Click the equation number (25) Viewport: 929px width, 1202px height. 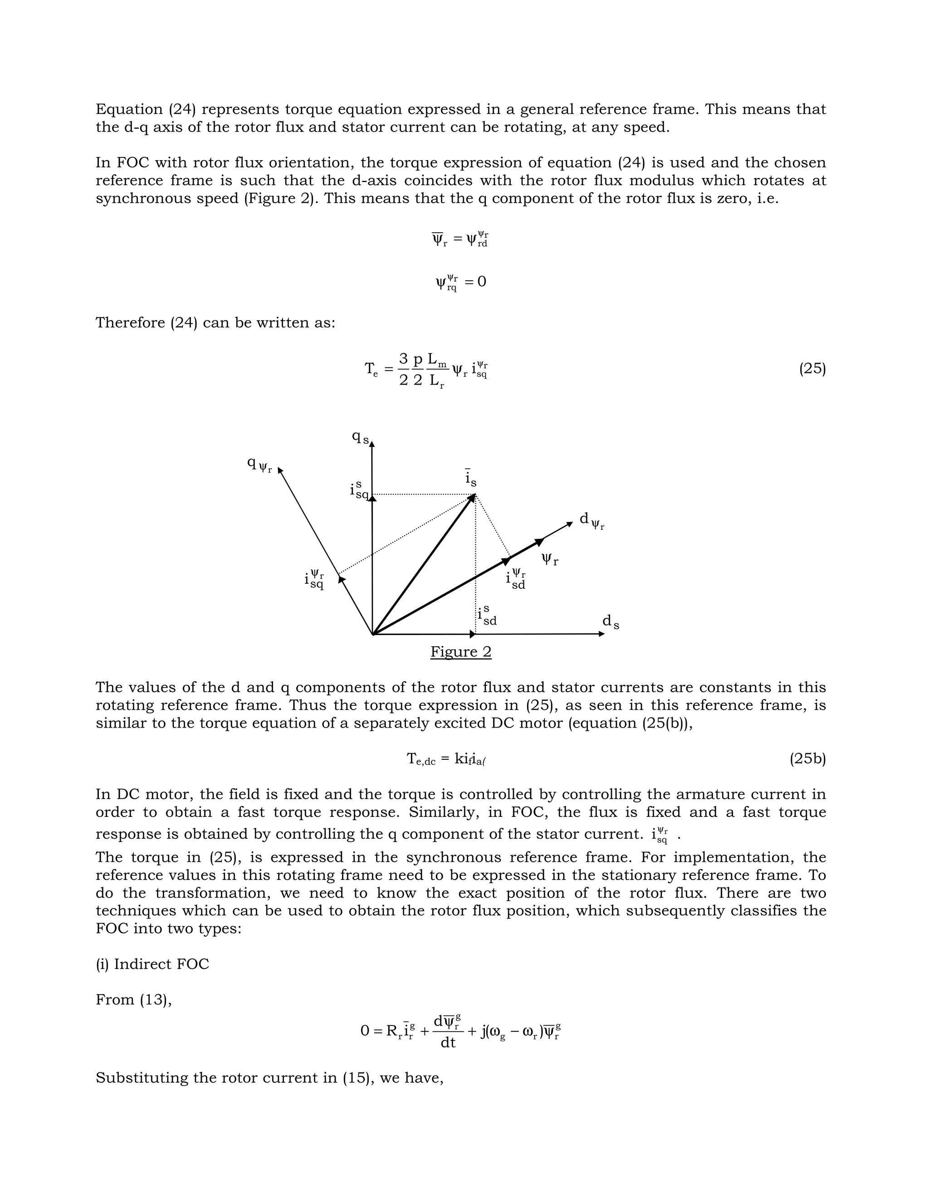(812, 369)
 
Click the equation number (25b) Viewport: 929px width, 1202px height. (807, 759)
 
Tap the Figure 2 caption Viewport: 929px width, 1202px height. (461, 652)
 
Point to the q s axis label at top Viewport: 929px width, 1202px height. (361, 438)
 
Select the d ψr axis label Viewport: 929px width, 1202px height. (591, 521)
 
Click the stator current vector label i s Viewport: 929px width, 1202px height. (470, 478)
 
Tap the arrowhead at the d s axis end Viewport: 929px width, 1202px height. (601, 634)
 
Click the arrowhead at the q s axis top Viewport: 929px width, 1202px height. (372, 445)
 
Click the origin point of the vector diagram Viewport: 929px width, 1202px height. (373, 634)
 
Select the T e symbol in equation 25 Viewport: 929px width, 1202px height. (372, 369)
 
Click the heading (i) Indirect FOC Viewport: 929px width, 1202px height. (152, 964)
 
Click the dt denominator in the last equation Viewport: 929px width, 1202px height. (448, 1042)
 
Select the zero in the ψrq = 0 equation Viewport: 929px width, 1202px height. (482, 282)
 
